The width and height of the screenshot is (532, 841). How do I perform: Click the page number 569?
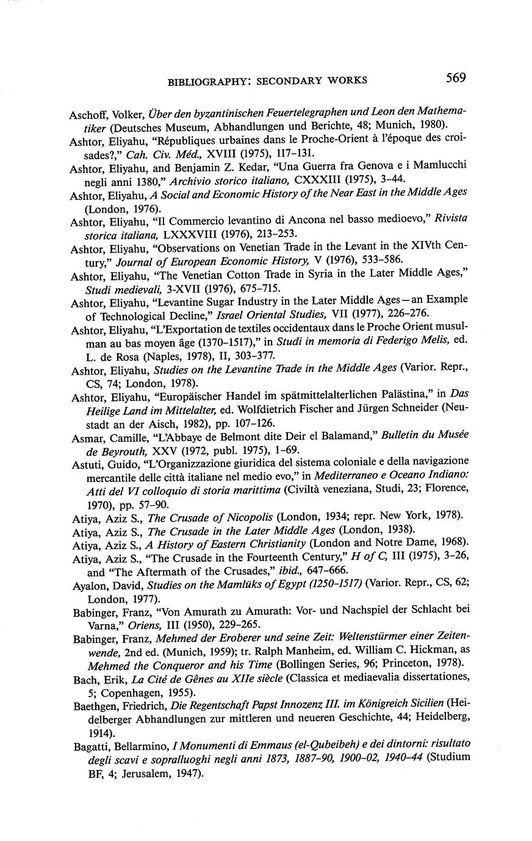pyautogui.click(x=456, y=78)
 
